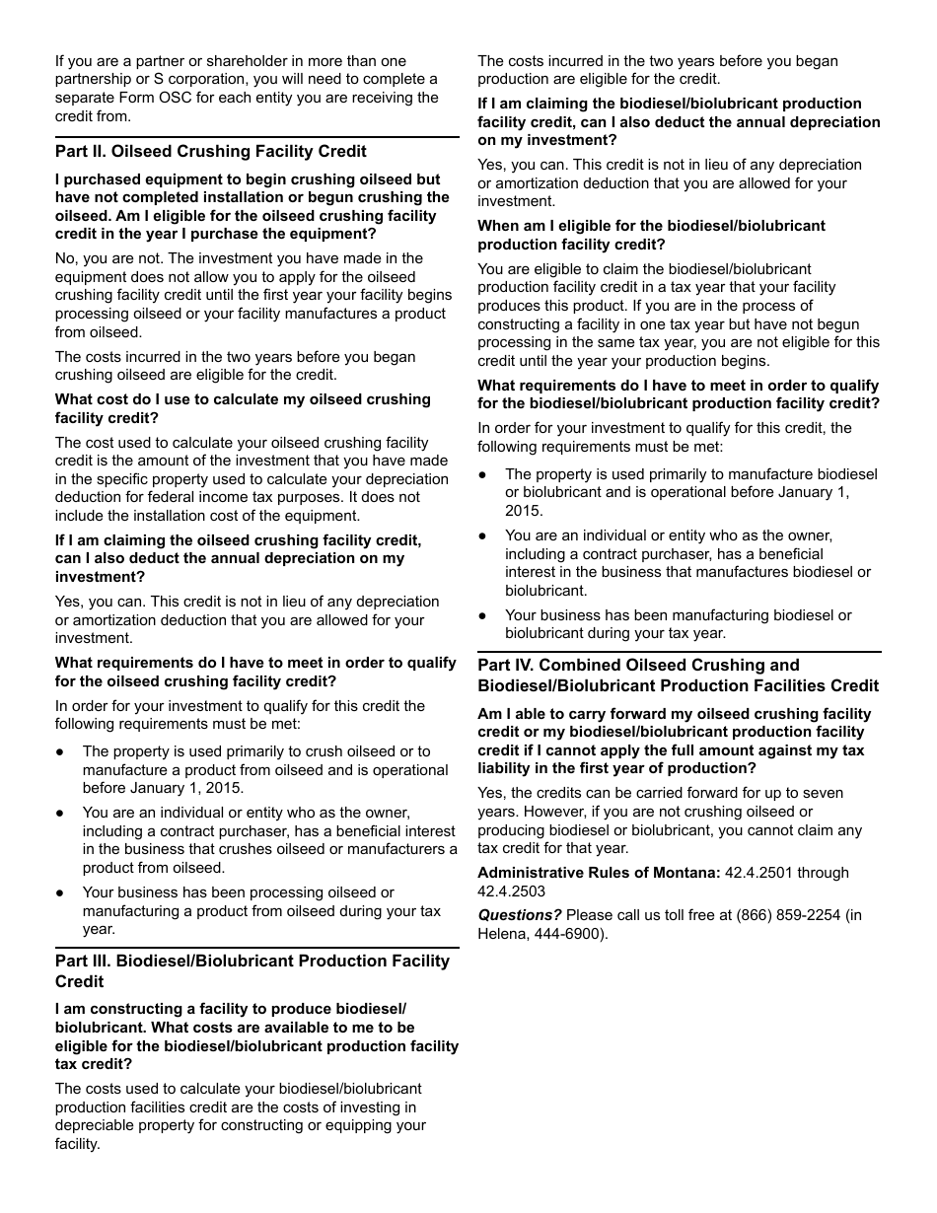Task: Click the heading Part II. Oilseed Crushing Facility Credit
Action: click(210, 151)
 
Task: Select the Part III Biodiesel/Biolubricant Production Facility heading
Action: click(252, 970)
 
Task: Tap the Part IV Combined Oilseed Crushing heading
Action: click(678, 675)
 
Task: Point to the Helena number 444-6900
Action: click(567, 933)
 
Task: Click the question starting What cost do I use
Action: click(243, 408)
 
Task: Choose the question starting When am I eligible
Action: click(651, 235)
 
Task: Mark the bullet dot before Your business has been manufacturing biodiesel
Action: click(482, 615)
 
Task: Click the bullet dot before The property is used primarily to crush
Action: click(60, 751)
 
